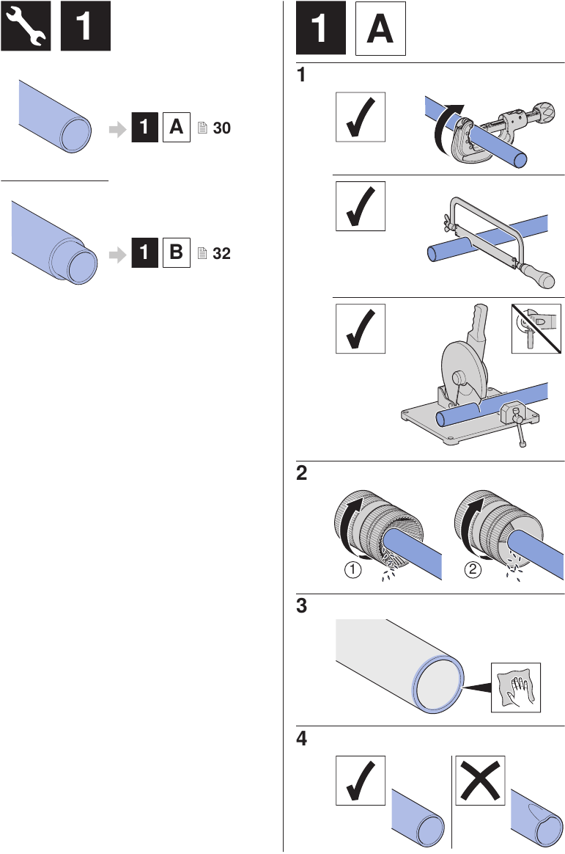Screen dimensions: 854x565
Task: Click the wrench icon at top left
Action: [x=26, y=26]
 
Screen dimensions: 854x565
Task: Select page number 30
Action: [x=221, y=128]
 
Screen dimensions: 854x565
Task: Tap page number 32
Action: [x=221, y=254]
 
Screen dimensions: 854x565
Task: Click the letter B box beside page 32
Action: [x=176, y=254]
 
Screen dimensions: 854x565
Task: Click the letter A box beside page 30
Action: [x=176, y=128]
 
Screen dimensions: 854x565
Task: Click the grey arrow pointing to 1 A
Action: [x=117, y=129]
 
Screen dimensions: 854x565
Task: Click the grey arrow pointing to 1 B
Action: [x=117, y=255]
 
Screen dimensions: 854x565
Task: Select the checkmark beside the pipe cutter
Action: [x=360, y=117]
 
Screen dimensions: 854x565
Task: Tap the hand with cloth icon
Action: [x=515, y=687]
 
